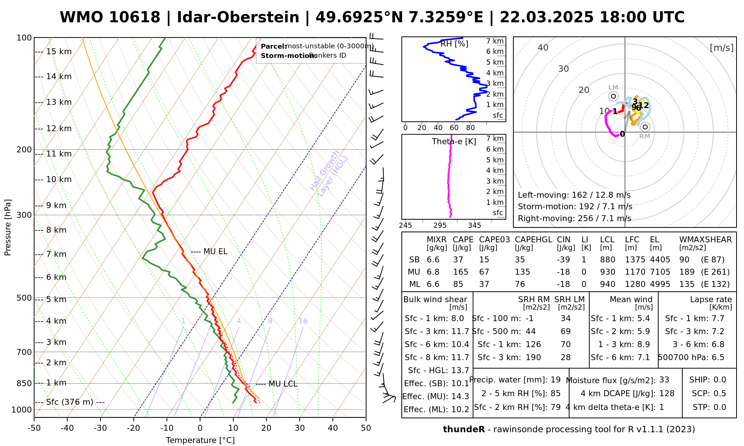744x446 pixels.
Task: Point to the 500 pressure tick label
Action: pyautogui.click(x=24, y=298)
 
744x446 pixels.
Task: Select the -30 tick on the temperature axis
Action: pyautogui.click(x=100, y=428)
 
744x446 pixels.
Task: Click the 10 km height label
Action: pyautogui.click(x=59, y=180)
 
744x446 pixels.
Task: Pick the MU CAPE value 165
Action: pyautogui.click(x=461, y=272)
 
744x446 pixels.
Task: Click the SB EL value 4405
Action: pyautogui.click(x=660, y=260)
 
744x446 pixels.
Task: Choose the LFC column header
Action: pyautogui.click(x=632, y=240)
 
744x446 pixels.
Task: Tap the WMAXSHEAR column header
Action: pyautogui.click(x=705, y=240)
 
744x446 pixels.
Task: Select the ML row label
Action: pyautogui.click(x=414, y=284)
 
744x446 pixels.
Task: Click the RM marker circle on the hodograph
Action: pyautogui.click(x=645, y=127)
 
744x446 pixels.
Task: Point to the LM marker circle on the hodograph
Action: pyautogui.click(x=613, y=96)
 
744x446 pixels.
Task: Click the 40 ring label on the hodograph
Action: pyautogui.click(x=543, y=48)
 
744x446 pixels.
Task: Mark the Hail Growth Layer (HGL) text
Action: pyautogui.click(x=329, y=174)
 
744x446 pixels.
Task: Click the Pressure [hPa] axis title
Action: pyautogui.click(x=8, y=227)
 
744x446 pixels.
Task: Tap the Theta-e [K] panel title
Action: pyautogui.click(x=454, y=142)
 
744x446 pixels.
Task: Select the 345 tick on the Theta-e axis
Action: pyautogui.click(x=474, y=226)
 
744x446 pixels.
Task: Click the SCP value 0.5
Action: pyautogui.click(x=719, y=394)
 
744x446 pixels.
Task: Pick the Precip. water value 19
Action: pyautogui.click(x=555, y=380)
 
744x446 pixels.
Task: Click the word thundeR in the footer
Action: pyautogui.click(x=464, y=430)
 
